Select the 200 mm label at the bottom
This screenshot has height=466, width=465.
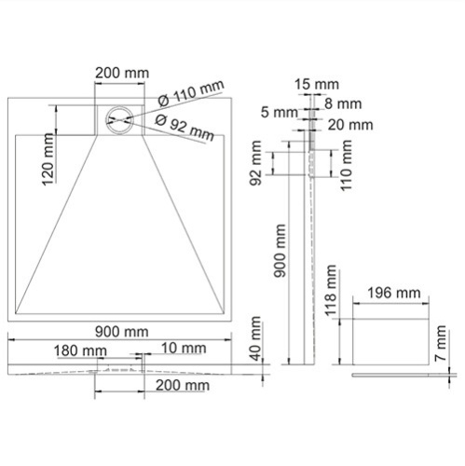[x=182, y=385]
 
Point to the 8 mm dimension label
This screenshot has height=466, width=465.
[x=339, y=104]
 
